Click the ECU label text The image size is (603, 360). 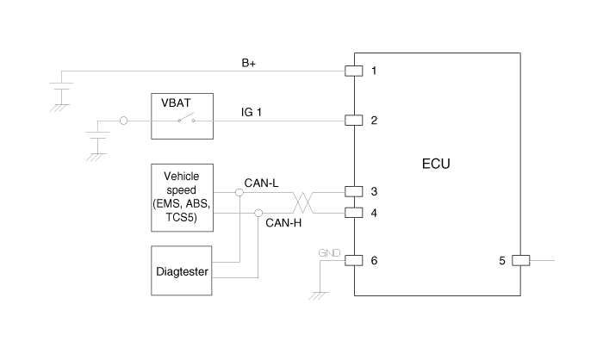coord(437,164)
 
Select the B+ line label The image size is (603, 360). coord(250,63)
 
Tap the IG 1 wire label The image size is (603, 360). coord(252,112)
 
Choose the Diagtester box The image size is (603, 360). coord(181,271)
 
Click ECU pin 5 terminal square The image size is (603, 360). coord(520,259)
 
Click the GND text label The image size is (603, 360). coord(330,254)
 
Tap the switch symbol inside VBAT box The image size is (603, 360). coord(185,120)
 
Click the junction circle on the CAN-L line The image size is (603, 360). coord(239,191)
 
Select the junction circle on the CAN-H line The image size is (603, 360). coord(258,212)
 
